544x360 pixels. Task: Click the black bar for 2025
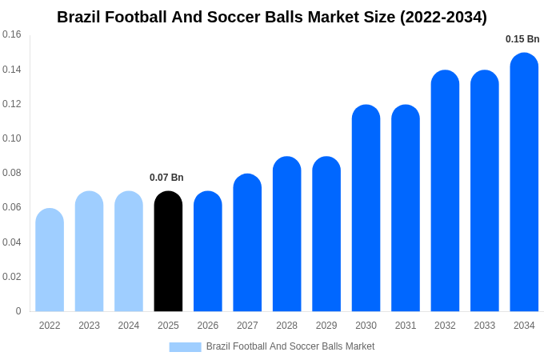[168, 251]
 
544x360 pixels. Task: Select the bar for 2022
[50, 260]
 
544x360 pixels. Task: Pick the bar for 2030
[366, 208]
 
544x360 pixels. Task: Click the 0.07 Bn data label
[166, 178]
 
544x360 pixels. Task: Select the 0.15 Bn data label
[522, 39]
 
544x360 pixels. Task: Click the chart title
[272, 17]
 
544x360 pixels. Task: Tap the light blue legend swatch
[185, 347]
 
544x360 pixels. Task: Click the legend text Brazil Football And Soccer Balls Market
[290, 346]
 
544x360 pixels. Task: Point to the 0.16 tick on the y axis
[12, 34]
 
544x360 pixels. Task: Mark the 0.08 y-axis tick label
[12, 173]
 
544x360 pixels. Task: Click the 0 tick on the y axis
[18, 311]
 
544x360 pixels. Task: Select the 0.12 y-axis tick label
[12, 104]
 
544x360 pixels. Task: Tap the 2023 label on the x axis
[89, 326]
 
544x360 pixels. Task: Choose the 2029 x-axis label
[326, 326]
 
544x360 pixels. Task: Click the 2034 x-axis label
[524, 326]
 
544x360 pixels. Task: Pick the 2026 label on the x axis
[208, 326]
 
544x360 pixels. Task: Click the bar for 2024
[129, 251]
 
